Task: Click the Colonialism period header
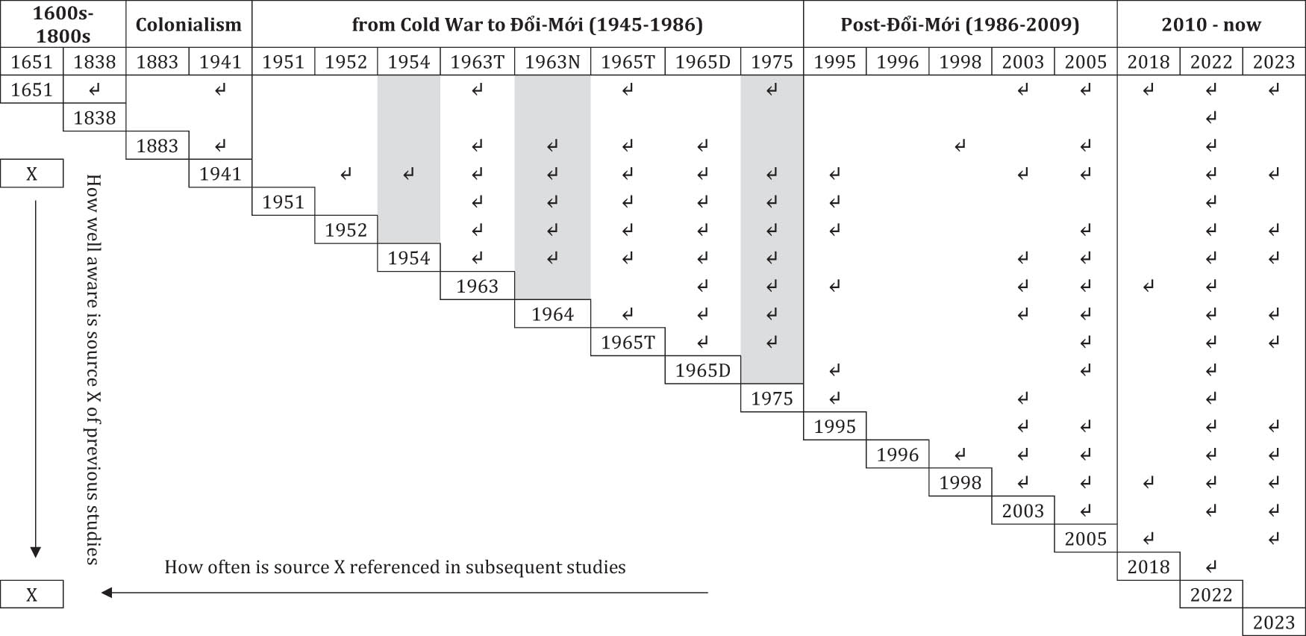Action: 189,25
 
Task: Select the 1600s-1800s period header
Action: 63,25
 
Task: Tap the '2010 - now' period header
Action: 1210,25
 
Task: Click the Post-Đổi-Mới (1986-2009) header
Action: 960,25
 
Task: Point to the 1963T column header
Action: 477,62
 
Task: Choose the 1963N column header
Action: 552,62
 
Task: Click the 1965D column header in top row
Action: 702,62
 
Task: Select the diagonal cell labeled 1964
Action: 552,314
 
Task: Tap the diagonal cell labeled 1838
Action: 95,118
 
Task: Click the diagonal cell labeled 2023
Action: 1273,623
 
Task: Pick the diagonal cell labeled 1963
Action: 477,286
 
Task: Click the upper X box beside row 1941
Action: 32,174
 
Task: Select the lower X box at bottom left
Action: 32,595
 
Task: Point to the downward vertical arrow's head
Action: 35,552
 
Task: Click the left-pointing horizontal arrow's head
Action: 107,593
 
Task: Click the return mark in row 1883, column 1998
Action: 960,146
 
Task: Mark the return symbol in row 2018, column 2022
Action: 1210,567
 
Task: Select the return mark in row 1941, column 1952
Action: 346,174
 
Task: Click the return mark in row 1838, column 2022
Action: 1210,118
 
